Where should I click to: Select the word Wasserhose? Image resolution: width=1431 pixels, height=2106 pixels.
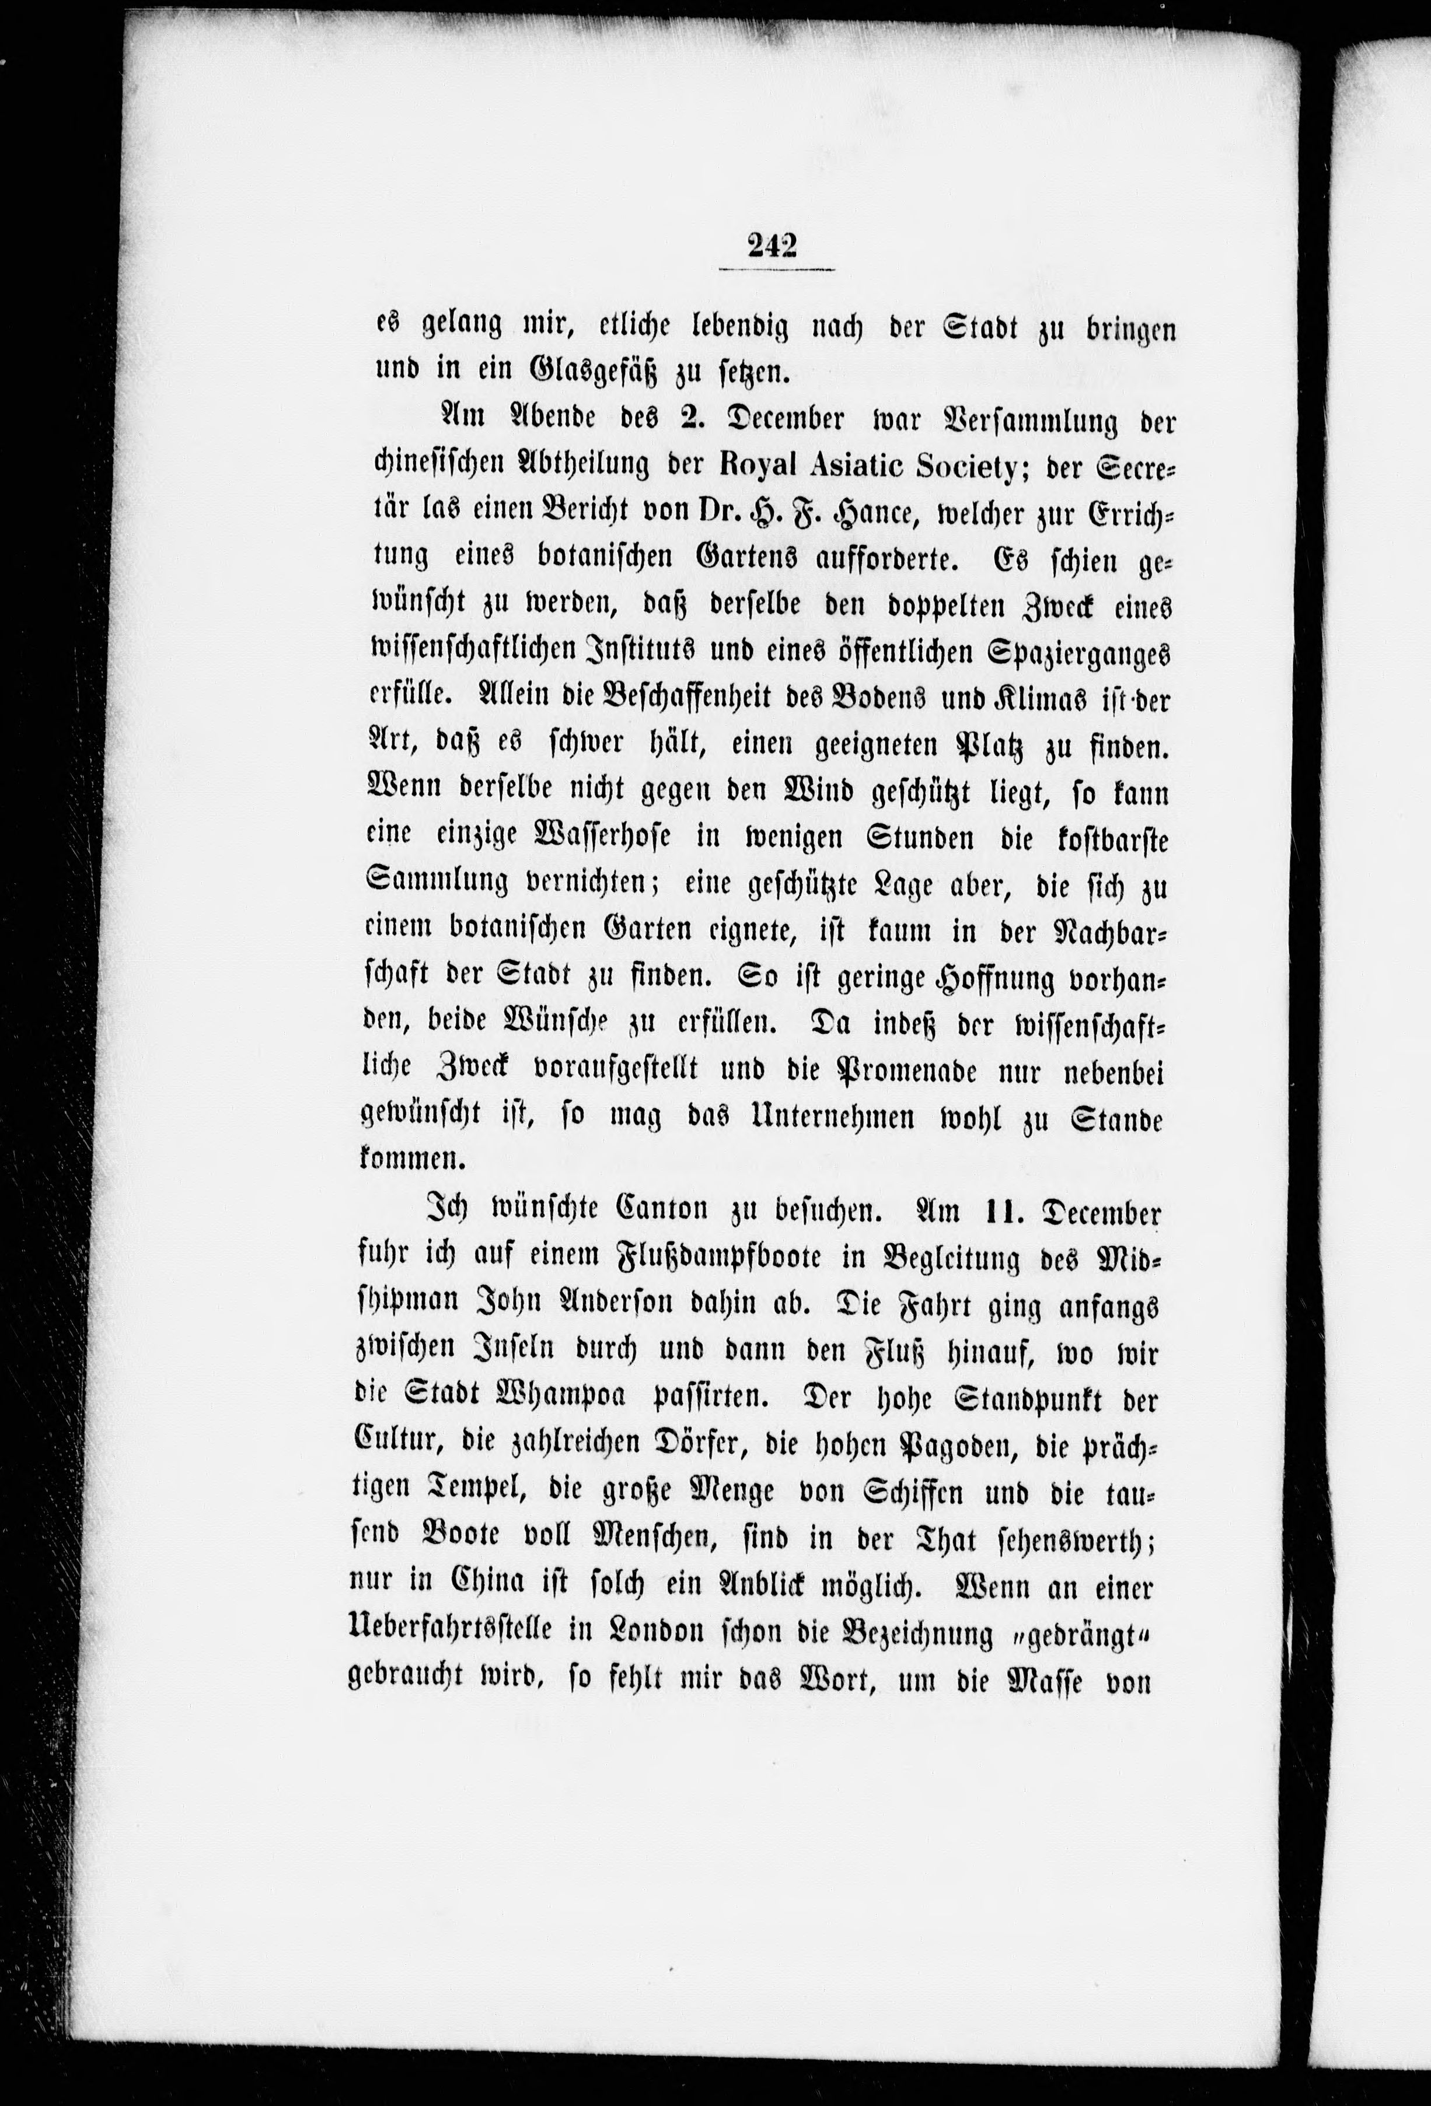coord(611,838)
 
